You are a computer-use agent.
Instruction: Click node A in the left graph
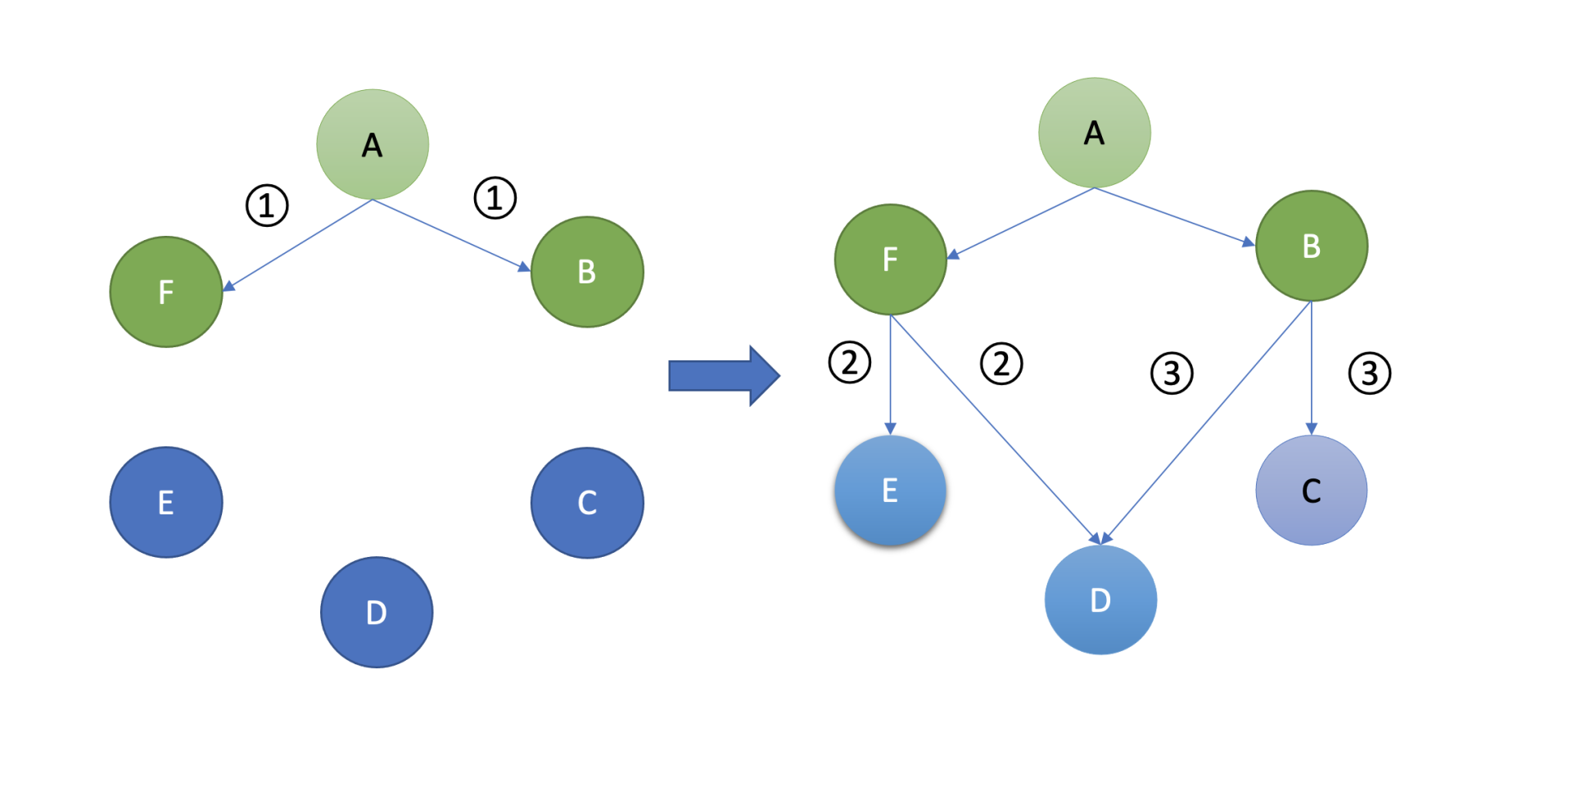[x=373, y=144]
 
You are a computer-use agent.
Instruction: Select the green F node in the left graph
[x=166, y=292]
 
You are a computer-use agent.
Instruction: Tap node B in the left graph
[x=587, y=272]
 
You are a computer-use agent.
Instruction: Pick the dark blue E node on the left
[x=166, y=502]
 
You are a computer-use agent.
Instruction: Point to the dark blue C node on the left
[x=587, y=503]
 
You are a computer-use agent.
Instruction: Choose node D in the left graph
[x=377, y=613]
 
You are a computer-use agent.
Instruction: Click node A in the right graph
[x=1095, y=133]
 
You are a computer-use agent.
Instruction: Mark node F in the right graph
[x=891, y=260]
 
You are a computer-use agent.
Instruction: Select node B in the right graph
[x=1312, y=246]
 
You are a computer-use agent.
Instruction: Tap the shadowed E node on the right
[x=890, y=491]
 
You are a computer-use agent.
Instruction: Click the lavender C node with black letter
[x=1312, y=491]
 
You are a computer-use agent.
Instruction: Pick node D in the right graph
[x=1100, y=600]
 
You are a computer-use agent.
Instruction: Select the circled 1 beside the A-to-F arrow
[x=267, y=206]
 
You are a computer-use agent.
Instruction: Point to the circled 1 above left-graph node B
[x=495, y=198]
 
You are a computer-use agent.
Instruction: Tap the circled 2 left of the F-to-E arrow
[x=850, y=363]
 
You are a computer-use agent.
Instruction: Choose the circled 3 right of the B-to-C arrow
[x=1370, y=373]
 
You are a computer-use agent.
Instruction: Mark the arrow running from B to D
[x=1207, y=422]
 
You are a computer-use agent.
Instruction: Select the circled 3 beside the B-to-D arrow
[x=1172, y=373]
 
